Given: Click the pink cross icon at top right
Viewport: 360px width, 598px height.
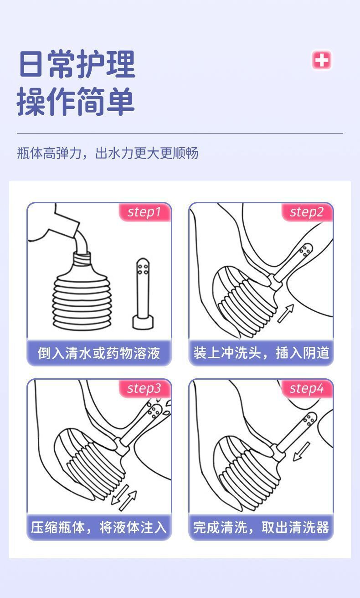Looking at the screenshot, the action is pos(322,60).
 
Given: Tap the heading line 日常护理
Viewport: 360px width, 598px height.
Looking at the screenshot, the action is pos(77,64).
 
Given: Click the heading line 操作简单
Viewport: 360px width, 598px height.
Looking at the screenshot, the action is pos(76,102).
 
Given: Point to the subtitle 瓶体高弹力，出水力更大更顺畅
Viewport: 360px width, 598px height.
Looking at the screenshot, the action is pos(108,153).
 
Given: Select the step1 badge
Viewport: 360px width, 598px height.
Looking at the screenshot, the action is pos(145,212).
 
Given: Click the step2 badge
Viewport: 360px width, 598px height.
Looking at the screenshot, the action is pos(307,212).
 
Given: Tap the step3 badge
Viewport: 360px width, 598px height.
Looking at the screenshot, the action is pos(145,388).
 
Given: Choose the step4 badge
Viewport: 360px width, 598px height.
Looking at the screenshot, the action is pos(307,388).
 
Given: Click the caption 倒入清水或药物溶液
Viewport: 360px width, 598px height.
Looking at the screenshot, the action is pos(99,353).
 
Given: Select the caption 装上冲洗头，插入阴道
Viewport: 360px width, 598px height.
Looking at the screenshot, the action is pos(261,353).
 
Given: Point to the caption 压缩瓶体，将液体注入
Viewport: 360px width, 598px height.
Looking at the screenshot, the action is pos(99,527).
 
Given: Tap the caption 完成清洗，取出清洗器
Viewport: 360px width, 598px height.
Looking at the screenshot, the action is pos(261,527).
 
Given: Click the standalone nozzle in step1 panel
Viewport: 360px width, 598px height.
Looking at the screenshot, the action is pos(143,294).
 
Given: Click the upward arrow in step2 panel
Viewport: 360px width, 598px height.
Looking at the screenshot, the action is pos(286,314).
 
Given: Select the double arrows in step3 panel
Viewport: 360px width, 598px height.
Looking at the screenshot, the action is pos(124,497).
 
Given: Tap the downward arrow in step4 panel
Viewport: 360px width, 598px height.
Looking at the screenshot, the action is pos(301,451).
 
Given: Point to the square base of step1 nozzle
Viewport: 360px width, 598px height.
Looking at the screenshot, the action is pos(143,322).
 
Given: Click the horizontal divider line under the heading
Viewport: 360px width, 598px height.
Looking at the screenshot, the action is pos(180,133).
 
